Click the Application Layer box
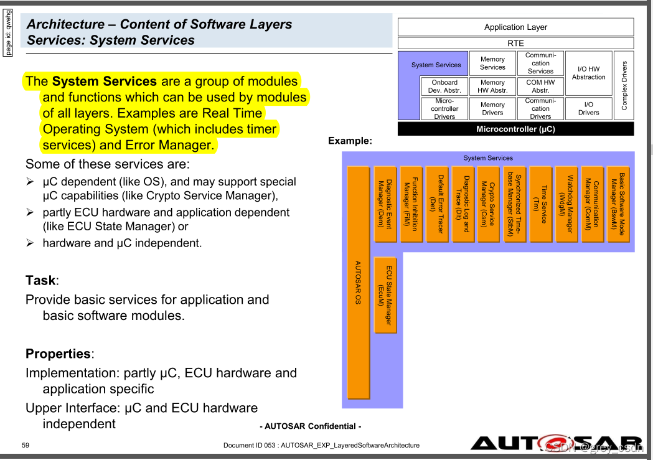515,27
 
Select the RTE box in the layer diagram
515,44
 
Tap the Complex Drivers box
624,85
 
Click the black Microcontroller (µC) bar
515,129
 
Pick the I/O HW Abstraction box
588,73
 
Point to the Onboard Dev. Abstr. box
444,86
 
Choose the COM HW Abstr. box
540,86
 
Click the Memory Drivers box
492,108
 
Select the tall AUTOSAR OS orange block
358,282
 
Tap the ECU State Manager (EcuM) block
385,295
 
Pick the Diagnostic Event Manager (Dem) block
385,204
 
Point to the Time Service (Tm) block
540,204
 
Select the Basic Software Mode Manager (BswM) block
618,204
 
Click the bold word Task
40,280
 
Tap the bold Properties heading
58,354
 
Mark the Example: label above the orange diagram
350,141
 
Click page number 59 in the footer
26,445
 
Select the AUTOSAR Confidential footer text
310,426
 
